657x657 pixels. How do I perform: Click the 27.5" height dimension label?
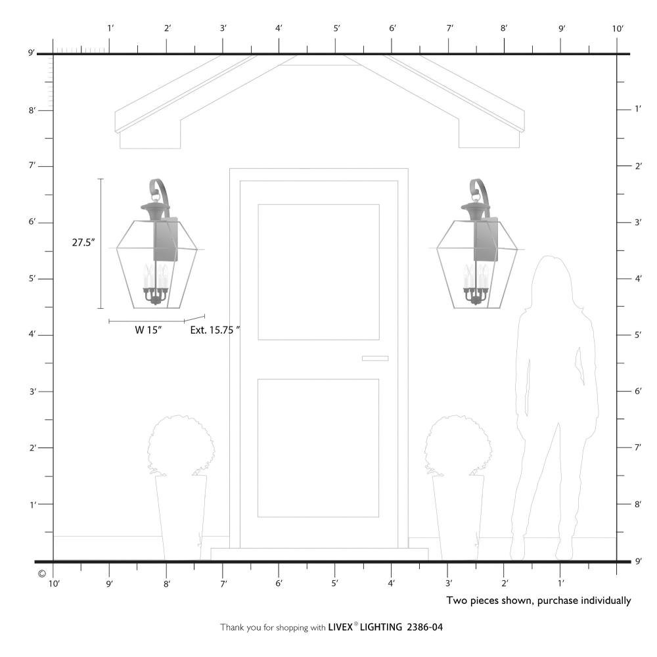[x=83, y=242]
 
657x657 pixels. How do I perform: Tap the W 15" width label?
[x=148, y=330]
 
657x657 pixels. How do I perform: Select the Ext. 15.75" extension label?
[x=215, y=330]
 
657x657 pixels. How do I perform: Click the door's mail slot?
[x=375, y=358]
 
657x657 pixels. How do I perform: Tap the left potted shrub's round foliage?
[x=181, y=445]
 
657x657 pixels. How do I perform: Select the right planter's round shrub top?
[x=458, y=445]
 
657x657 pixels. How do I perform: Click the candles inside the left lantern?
[x=156, y=277]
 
